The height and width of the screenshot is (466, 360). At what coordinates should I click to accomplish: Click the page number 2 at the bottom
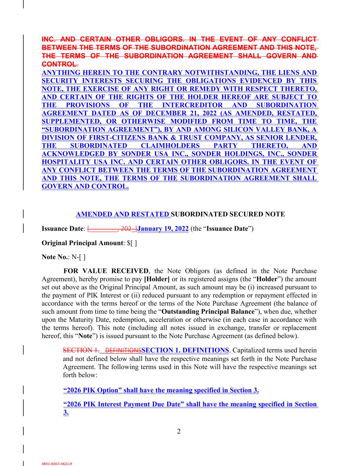click(x=179, y=431)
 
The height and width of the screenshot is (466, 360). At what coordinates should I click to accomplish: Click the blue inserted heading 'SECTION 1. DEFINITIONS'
click(x=185, y=350)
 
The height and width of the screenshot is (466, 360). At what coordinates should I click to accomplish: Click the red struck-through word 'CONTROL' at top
click(x=58, y=64)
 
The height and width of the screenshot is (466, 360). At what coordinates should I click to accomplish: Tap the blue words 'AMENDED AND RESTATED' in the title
click(x=123, y=214)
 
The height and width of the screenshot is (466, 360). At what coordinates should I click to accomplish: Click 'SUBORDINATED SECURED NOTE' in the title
click(x=228, y=214)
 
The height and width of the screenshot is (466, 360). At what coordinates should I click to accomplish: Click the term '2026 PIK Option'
click(x=90, y=390)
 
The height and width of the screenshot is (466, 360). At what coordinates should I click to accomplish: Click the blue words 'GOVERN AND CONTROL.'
click(x=85, y=186)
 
